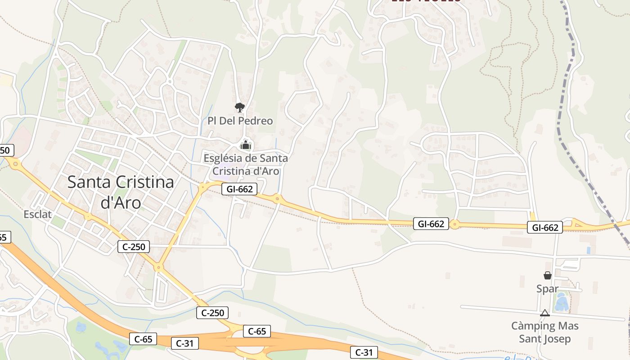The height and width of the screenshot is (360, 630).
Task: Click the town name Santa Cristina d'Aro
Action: pos(121,192)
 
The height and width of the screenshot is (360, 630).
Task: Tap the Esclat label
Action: pos(38,214)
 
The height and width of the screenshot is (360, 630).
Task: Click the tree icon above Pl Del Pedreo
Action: pos(240,107)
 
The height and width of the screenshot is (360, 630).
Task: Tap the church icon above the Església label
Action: pos(245,145)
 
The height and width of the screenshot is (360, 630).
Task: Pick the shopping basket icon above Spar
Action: pos(548,275)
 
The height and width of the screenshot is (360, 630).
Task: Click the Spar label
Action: pos(547,289)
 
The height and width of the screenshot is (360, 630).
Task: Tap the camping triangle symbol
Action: pos(545,313)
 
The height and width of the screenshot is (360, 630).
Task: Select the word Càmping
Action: pos(533,326)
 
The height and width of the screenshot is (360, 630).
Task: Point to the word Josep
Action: pos(557,339)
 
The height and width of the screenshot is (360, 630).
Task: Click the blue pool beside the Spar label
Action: pos(561,302)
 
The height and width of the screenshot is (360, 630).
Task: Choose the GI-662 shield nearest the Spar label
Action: pos(545,228)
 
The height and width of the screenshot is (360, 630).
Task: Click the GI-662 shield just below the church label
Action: pos(239,189)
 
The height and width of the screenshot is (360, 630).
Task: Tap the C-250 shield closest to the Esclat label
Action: pos(133,247)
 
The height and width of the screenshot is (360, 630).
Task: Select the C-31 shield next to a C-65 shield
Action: pos(185,343)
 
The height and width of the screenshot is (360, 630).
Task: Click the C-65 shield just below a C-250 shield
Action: pos(257,332)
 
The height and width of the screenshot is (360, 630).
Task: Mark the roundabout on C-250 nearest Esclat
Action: pos(88,217)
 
